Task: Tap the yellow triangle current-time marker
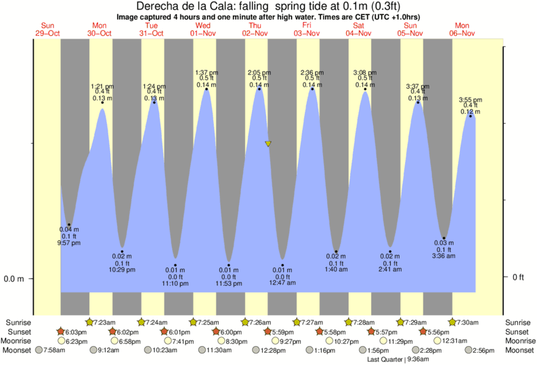tap(268, 144)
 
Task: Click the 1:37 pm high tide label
tap(206, 72)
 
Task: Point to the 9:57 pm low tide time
tap(68, 243)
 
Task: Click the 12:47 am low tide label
tap(282, 282)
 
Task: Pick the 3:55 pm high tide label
tap(470, 100)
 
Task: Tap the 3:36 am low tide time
tap(444, 257)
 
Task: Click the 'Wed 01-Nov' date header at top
tap(203, 29)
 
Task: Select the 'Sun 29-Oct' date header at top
tap(47, 29)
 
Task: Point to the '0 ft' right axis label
tap(519, 277)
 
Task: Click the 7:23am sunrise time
tap(105, 322)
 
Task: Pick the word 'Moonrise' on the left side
tap(20, 341)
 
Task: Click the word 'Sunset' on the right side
tap(518, 331)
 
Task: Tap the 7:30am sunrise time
tap(469, 322)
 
